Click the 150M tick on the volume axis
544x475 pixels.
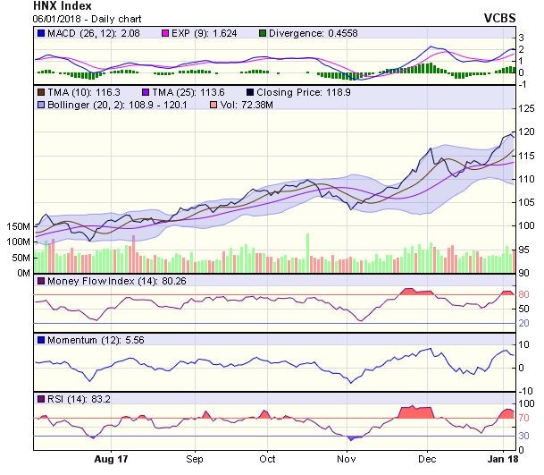point(18,228)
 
